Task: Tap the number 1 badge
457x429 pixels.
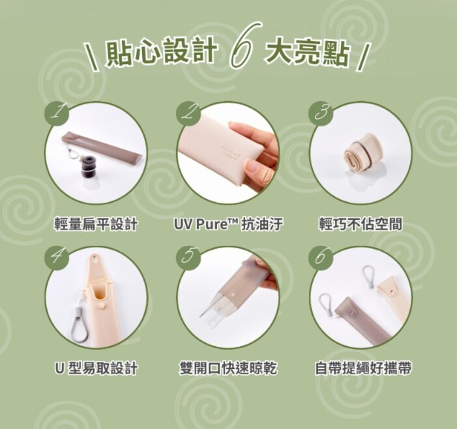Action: tap(57, 113)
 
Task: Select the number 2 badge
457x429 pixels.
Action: tap(188, 113)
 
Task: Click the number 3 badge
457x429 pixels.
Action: tap(321, 113)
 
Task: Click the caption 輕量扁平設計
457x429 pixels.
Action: tap(96, 224)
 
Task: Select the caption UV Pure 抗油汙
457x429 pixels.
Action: tap(228, 224)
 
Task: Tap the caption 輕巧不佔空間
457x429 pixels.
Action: tap(361, 224)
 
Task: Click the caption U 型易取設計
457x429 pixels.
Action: tap(96, 368)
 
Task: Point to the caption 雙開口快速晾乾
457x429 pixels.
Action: tap(228, 368)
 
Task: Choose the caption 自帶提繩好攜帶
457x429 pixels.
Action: tap(363, 368)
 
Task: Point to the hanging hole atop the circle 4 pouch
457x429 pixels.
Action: tap(95, 258)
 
